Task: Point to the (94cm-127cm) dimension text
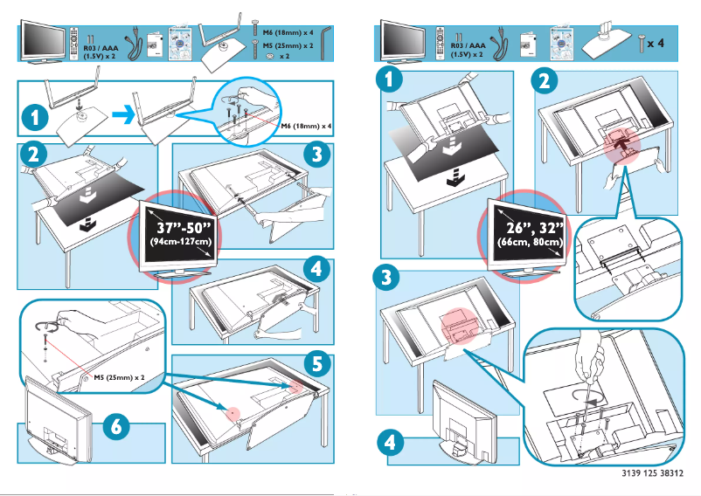pos(180,241)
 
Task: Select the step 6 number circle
pos(116,426)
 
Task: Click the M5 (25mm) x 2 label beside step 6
pos(119,379)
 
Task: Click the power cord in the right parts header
pos(503,41)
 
